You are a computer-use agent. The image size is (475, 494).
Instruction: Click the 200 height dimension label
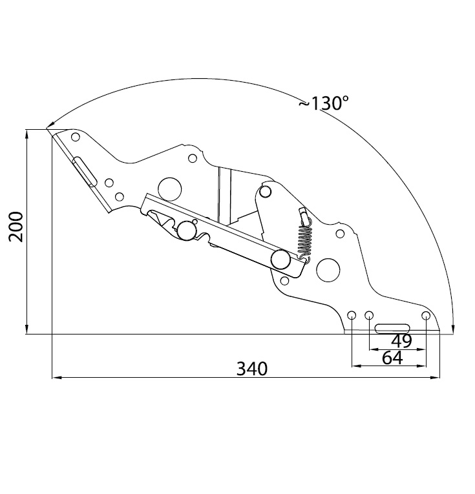coord(16,227)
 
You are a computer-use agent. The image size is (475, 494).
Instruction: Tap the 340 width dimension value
coord(252,369)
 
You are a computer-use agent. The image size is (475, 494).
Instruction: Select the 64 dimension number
coord(392,358)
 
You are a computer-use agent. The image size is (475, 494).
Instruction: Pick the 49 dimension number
coord(401,341)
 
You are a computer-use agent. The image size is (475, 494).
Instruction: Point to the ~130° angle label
coord(324,103)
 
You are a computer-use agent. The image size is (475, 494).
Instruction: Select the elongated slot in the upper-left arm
coord(84,172)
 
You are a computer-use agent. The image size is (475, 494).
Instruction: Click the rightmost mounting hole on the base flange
coord(426,315)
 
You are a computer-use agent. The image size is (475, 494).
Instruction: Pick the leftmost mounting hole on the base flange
coord(352,315)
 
